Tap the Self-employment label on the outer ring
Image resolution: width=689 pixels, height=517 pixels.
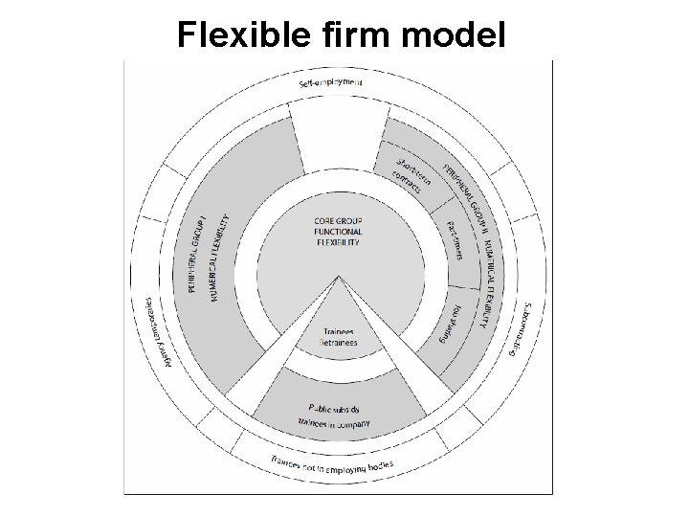(x=337, y=83)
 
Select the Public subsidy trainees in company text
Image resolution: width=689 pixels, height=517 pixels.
(x=336, y=415)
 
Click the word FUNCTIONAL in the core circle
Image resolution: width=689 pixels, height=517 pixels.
(x=338, y=231)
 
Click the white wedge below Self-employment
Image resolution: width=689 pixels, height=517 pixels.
(x=337, y=134)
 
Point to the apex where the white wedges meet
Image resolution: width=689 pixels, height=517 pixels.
(x=337, y=279)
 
